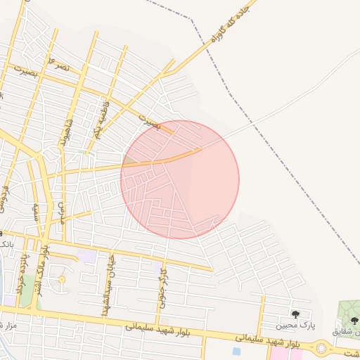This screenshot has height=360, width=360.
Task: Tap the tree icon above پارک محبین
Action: [x=295, y=314]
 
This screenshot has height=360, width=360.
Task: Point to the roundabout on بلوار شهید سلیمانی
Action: [x=323, y=347]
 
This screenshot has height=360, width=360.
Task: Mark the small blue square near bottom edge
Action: [x=236, y=351]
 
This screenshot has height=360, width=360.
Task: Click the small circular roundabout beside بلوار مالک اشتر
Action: [x=61, y=280]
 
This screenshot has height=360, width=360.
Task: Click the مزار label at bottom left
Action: [x=7, y=325]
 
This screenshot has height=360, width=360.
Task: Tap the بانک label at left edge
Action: [x=4, y=244]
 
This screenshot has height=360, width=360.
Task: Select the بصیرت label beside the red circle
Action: [x=150, y=122]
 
